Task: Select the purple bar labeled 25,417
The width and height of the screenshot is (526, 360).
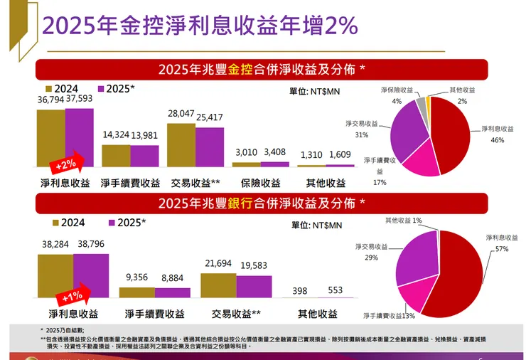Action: (210, 147)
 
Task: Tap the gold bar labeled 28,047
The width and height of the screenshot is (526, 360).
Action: (181, 144)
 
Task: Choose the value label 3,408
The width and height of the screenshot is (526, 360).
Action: (274, 152)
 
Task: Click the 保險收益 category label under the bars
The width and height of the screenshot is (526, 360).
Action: (261, 183)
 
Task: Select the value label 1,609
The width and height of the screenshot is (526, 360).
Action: (340, 155)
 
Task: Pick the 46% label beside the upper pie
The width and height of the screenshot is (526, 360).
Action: (497, 140)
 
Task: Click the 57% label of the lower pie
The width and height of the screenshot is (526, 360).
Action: (503, 250)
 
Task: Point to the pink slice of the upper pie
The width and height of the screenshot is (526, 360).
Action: (419, 160)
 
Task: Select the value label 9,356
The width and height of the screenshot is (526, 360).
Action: (136, 277)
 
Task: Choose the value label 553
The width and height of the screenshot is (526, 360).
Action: (335, 291)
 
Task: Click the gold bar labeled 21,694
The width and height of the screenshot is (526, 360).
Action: (218, 285)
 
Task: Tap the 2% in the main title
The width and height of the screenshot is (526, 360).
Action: (341, 27)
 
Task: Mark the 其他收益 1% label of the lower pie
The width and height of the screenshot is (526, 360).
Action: (404, 221)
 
